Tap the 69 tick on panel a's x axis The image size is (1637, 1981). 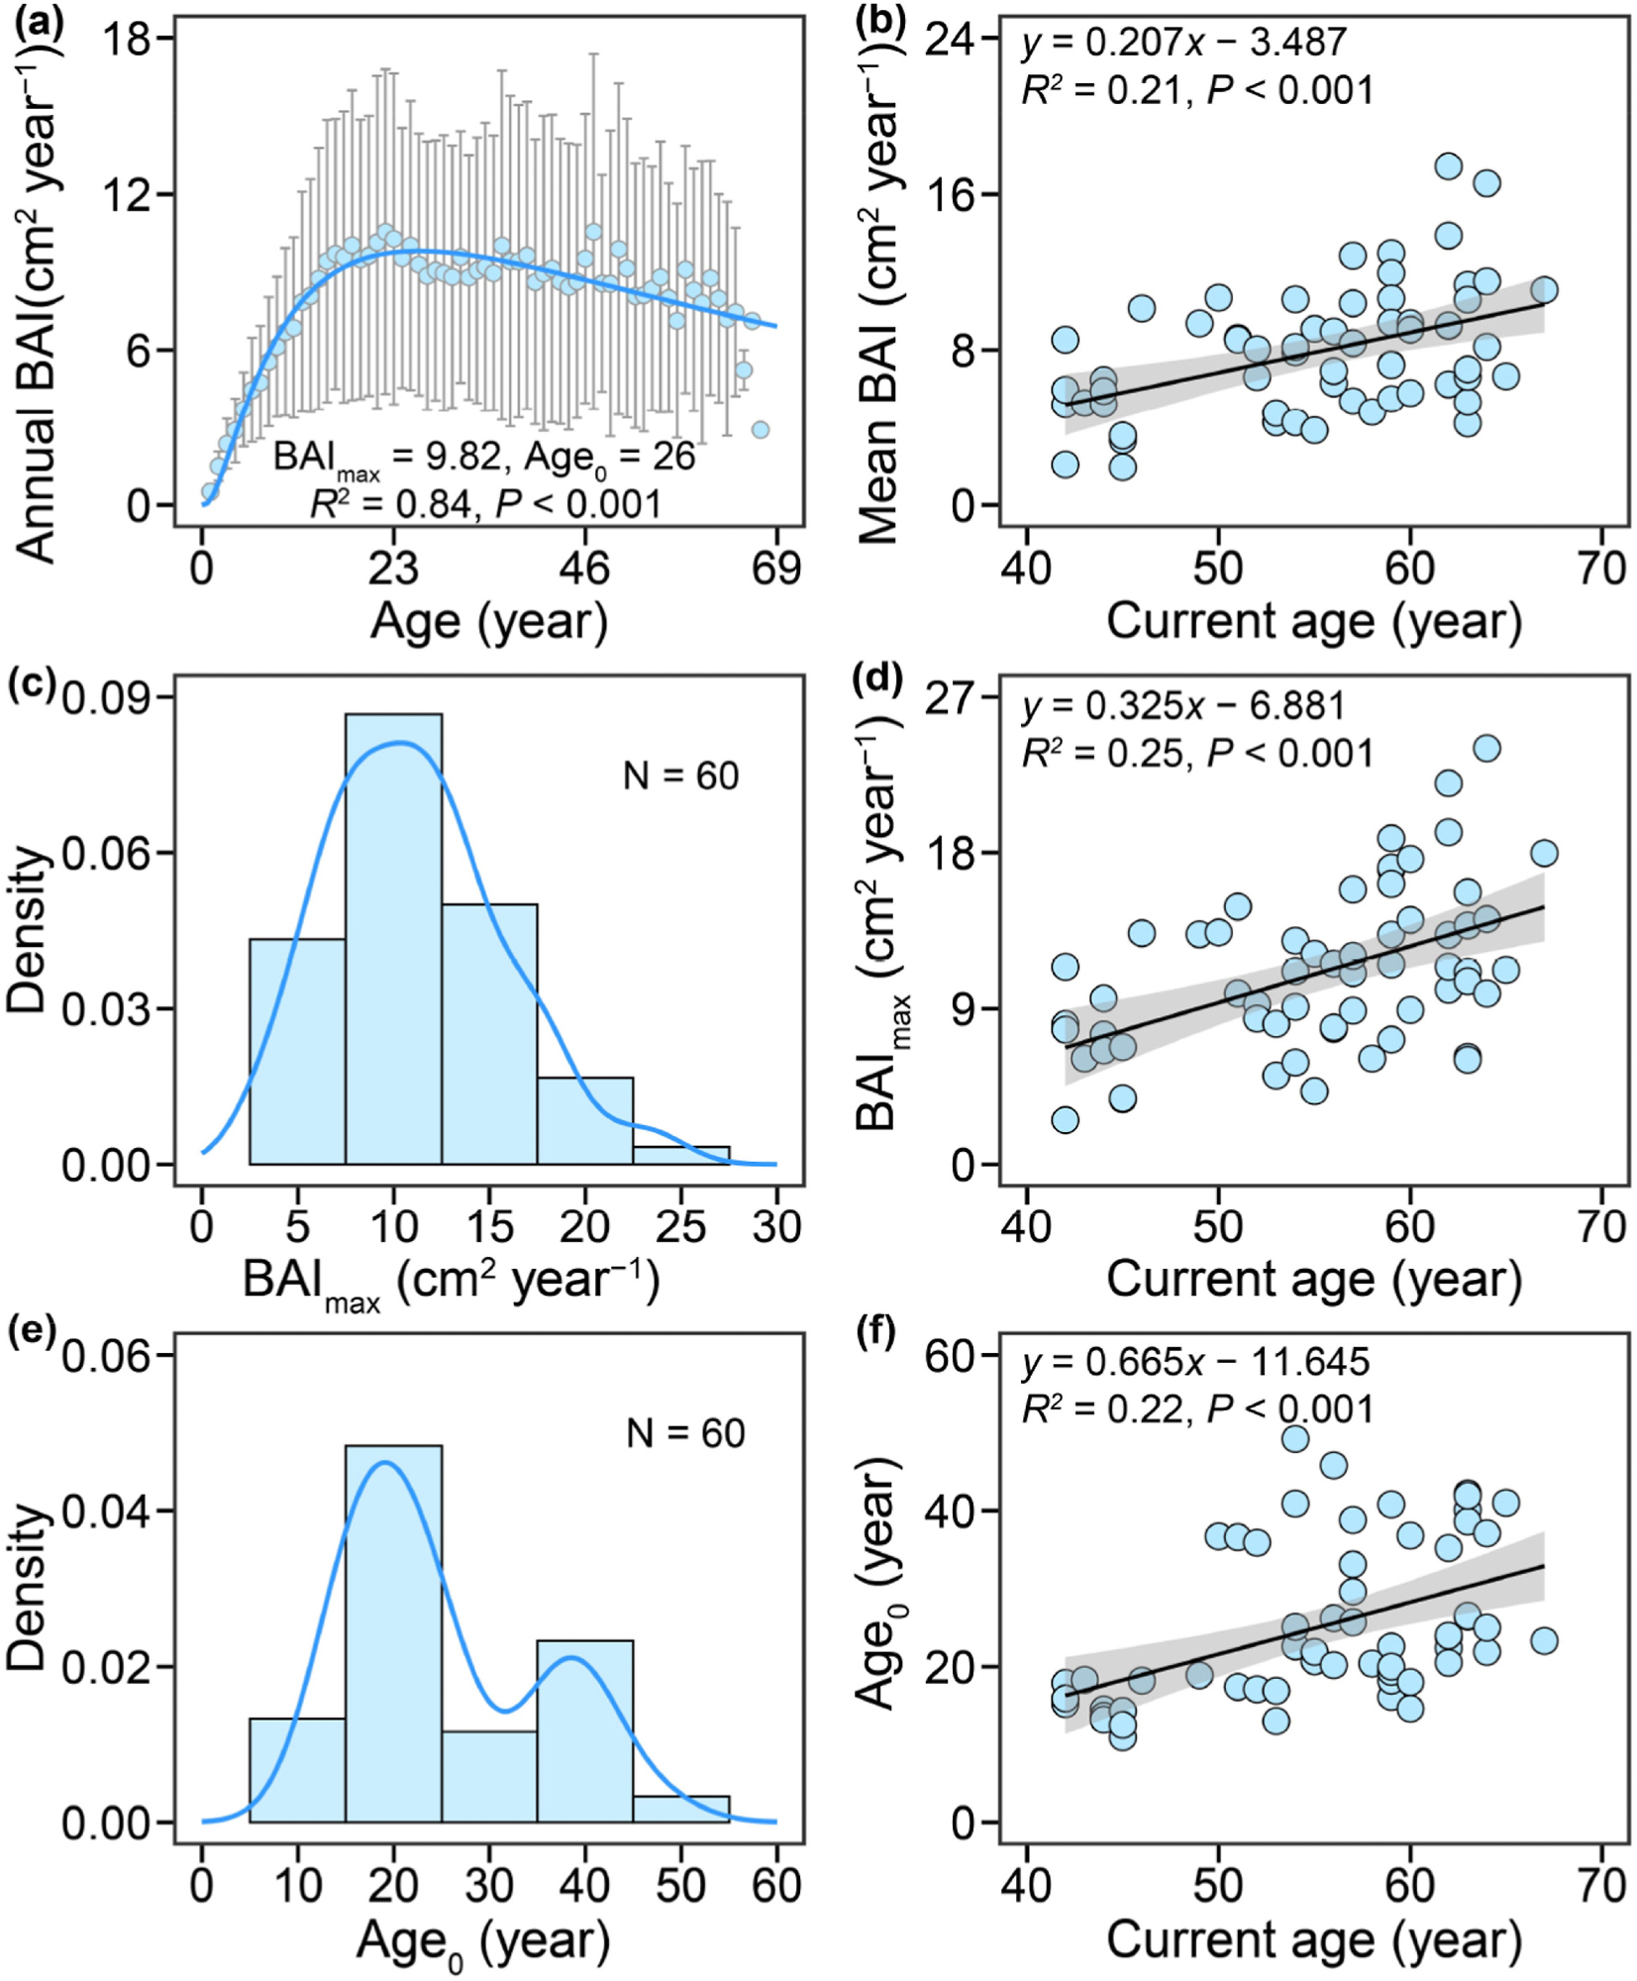click(775, 569)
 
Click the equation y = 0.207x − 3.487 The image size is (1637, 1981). click(1183, 43)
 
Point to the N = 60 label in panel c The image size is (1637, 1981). click(680, 776)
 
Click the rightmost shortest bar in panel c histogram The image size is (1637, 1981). click(680, 1155)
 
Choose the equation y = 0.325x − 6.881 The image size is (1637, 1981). click(1183, 706)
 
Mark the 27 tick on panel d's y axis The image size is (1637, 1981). click(948, 698)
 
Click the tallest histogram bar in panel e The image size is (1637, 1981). click(393, 1634)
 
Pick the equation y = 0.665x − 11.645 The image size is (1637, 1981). click(1195, 1362)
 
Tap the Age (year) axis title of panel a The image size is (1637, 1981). click(488, 622)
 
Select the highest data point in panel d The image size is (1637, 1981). click(1485, 748)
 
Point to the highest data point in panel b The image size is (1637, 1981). click(1448, 165)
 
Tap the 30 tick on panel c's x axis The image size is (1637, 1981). click(775, 1226)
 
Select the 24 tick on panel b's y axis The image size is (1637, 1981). click(948, 41)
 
